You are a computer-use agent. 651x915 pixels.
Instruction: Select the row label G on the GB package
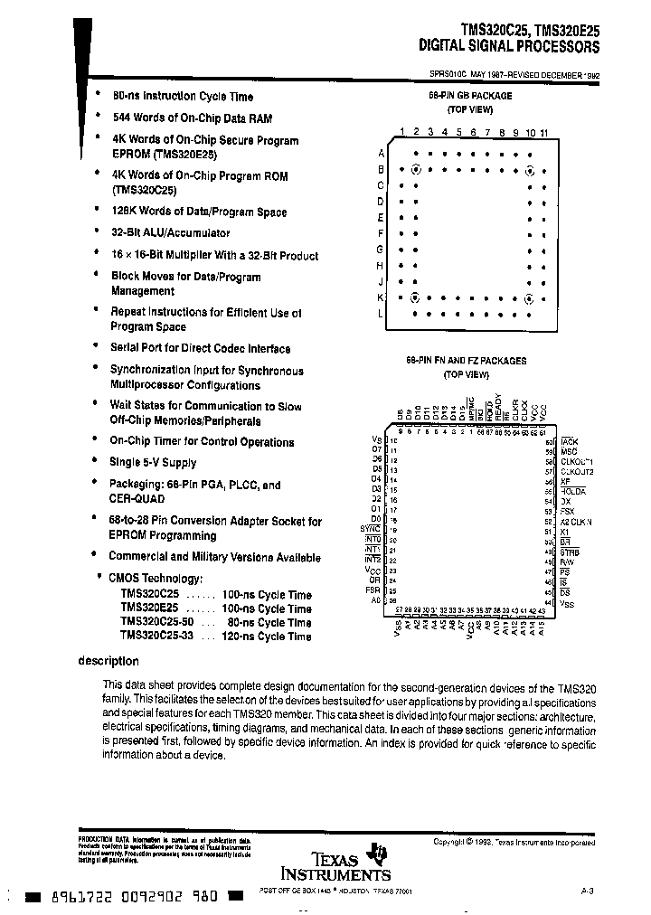click(x=381, y=249)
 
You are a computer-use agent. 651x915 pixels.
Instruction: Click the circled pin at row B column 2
click(x=415, y=169)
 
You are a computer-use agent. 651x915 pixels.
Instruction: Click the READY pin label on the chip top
click(x=497, y=406)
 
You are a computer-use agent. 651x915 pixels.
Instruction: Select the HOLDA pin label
click(x=573, y=491)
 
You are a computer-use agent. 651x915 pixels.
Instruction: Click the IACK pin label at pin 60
click(x=569, y=441)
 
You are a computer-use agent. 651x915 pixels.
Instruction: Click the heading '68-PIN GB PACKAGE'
click(x=469, y=95)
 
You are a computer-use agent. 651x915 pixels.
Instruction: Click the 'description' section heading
click(x=108, y=661)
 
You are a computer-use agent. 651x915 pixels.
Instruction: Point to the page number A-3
click(x=587, y=891)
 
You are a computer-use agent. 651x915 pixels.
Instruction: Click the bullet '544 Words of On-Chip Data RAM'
click(x=191, y=118)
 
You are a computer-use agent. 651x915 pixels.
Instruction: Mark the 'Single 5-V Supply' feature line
click(x=153, y=462)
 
